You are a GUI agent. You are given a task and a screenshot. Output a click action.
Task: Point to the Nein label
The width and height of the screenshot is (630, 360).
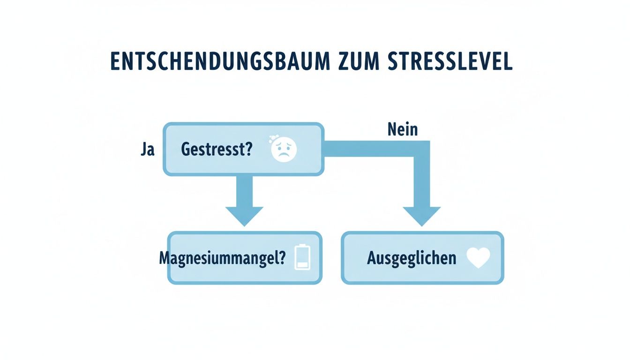pos(403,129)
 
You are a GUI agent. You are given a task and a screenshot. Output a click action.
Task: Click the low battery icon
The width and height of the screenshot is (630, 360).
pos(302,257)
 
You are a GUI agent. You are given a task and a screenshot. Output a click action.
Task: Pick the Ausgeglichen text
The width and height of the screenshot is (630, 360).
pos(411,258)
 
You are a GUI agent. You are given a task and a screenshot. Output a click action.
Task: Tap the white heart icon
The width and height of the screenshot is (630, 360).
pos(479,258)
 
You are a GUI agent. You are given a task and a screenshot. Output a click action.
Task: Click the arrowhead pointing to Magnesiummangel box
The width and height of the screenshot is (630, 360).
pos(244,216)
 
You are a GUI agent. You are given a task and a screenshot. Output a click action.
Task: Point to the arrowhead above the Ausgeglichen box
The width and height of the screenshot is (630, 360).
pos(421,216)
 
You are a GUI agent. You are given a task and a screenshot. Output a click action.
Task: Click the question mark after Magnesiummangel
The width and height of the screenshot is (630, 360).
pos(281,257)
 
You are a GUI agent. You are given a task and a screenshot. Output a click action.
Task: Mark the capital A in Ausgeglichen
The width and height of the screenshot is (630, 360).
pos(372,258)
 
